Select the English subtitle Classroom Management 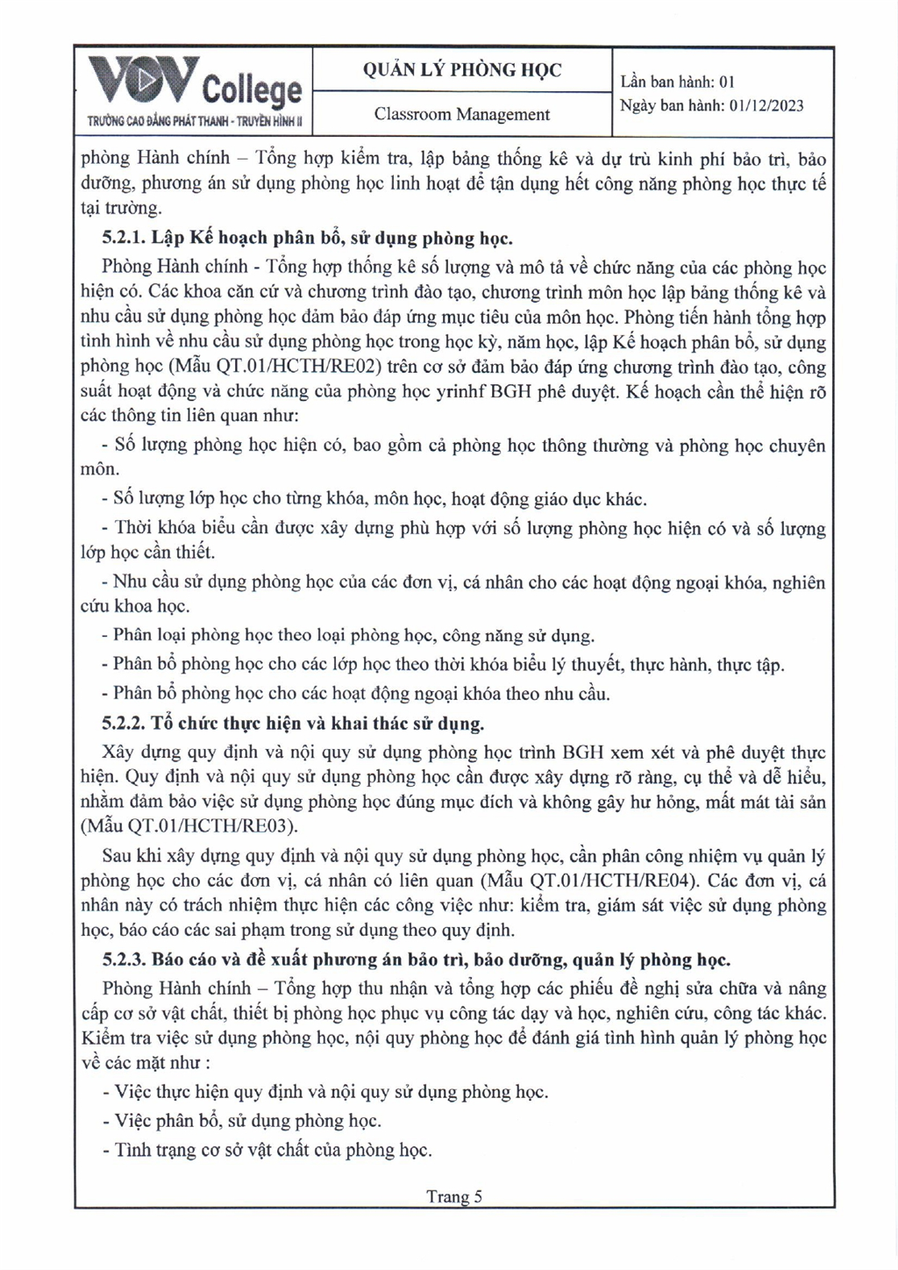coord(462,114)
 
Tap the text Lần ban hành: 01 coord(677,82)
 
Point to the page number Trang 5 coord(454,1196)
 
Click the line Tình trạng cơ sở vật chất coord(272,1149)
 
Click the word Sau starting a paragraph coord(117,855)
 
